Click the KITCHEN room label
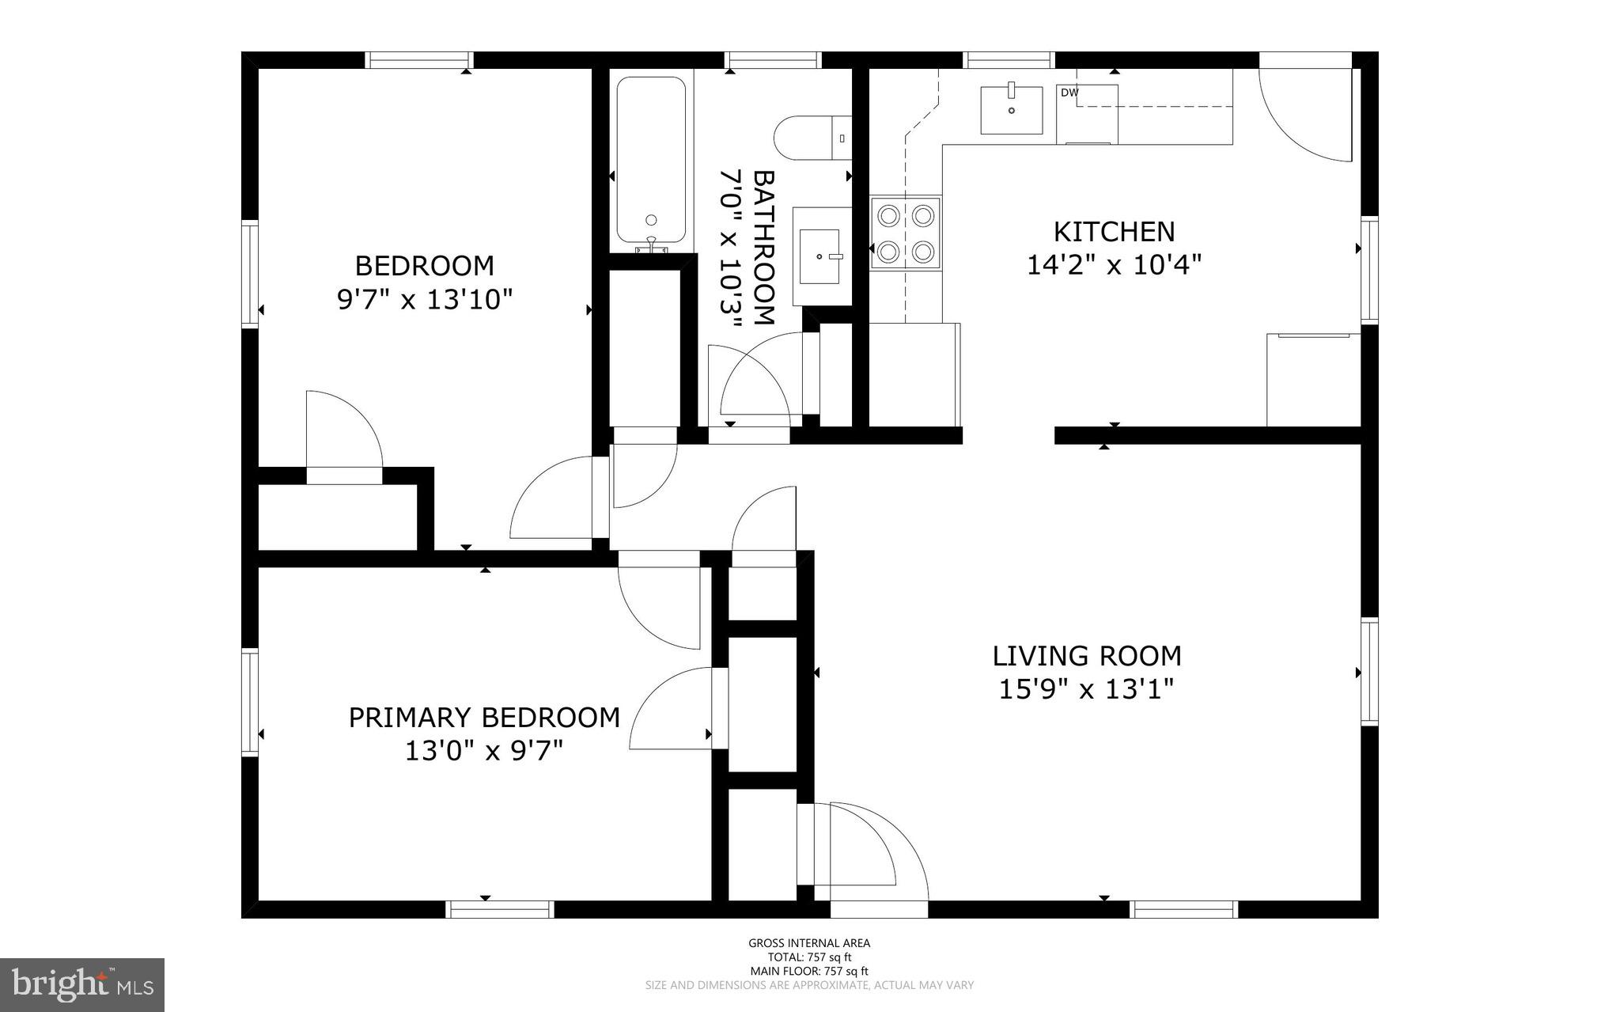pos(1114,232)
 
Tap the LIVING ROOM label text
pos(1087,656)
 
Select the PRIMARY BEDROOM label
pos(484,718)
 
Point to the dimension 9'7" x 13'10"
pos(425,300)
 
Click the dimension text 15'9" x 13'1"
pos(1085,690)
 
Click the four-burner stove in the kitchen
pos(905,234)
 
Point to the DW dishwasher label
pos(1069,93)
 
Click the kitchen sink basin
pos(1011,110)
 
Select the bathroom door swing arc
pos(755,376)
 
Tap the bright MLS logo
pos(82,984)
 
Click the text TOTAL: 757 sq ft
pos(809,957)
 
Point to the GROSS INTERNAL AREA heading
pos(809,943)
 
